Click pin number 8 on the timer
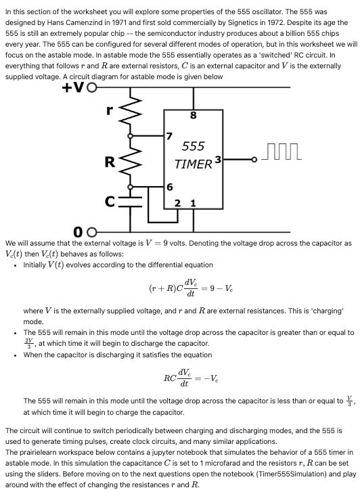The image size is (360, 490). (x=194, y=115)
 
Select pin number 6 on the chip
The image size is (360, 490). (x=169, y=186)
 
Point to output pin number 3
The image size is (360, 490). (x=218, y=160)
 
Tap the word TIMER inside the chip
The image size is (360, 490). (x=194, y=164)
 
